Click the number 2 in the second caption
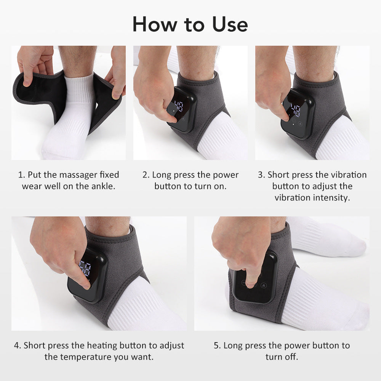pos(145,175)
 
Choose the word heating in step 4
pos(102,346)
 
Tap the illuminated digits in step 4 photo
pos(85,269)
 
